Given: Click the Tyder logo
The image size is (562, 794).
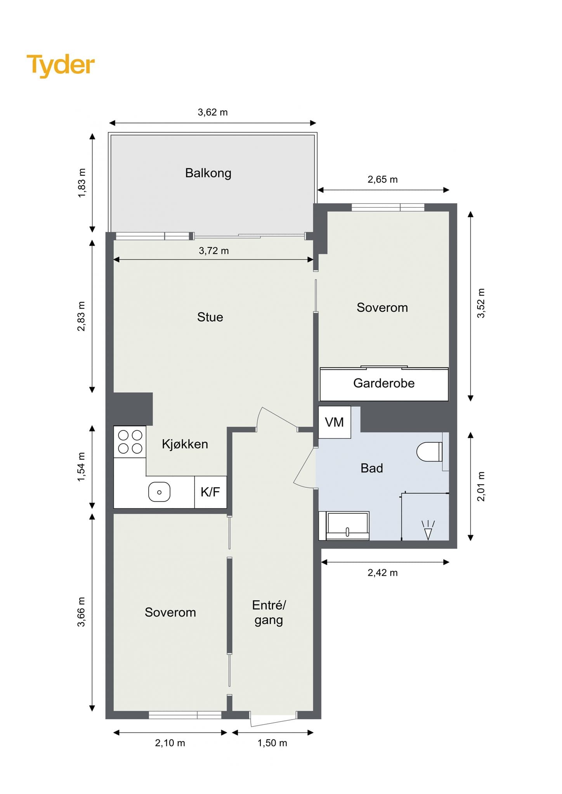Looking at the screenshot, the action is pos(61,65).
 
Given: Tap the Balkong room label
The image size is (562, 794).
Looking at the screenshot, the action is pos(208,173).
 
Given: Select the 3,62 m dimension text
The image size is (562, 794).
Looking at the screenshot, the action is pos(213,112).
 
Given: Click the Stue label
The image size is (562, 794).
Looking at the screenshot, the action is pos(210,317).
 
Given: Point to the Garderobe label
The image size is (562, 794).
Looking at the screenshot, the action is pos(384,383).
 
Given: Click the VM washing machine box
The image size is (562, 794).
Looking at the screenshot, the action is pos(335,422).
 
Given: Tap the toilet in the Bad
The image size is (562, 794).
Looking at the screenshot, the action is pos(430,452).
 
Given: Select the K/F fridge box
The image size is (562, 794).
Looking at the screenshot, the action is pos(210,492).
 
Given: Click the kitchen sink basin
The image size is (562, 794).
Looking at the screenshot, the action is pos(160,492).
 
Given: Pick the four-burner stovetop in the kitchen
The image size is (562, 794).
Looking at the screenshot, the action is pos(130,442).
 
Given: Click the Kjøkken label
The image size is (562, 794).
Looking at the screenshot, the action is pos(185,444).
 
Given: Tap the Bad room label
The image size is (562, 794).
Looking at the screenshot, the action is pos(372,468).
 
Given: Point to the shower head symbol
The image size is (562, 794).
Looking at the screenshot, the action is pos(428,530).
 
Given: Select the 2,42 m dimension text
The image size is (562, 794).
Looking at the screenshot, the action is pos(383,573).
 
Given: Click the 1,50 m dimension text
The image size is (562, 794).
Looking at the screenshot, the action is pos(272,743).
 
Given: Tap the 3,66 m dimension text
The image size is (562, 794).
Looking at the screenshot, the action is pos(81,612).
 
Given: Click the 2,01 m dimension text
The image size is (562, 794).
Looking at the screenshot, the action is pos(481,487).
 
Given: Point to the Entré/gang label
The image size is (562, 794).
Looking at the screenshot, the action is pos(269,613).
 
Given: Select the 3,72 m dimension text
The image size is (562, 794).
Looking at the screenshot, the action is pos(214,251).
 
